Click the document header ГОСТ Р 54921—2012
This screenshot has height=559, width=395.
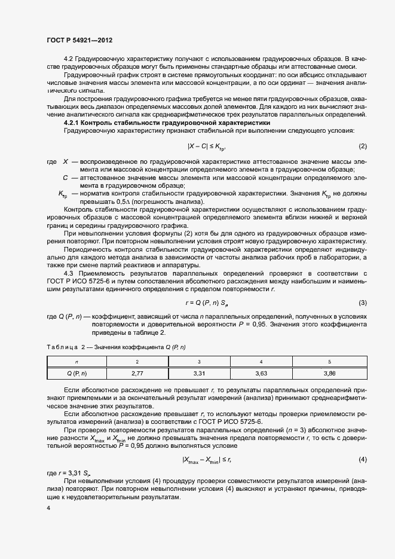79,40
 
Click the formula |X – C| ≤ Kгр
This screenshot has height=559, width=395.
206,146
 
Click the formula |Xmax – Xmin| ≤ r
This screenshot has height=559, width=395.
207,459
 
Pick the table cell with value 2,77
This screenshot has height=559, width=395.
138,373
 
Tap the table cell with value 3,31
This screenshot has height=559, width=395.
199,373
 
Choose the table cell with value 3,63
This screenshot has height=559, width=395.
261,373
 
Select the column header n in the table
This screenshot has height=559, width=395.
76,362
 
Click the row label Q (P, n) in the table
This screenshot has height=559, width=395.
76,373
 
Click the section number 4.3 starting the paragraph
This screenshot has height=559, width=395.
69,273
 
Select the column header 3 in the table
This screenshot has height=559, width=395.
199,362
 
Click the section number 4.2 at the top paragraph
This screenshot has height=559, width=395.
68,59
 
